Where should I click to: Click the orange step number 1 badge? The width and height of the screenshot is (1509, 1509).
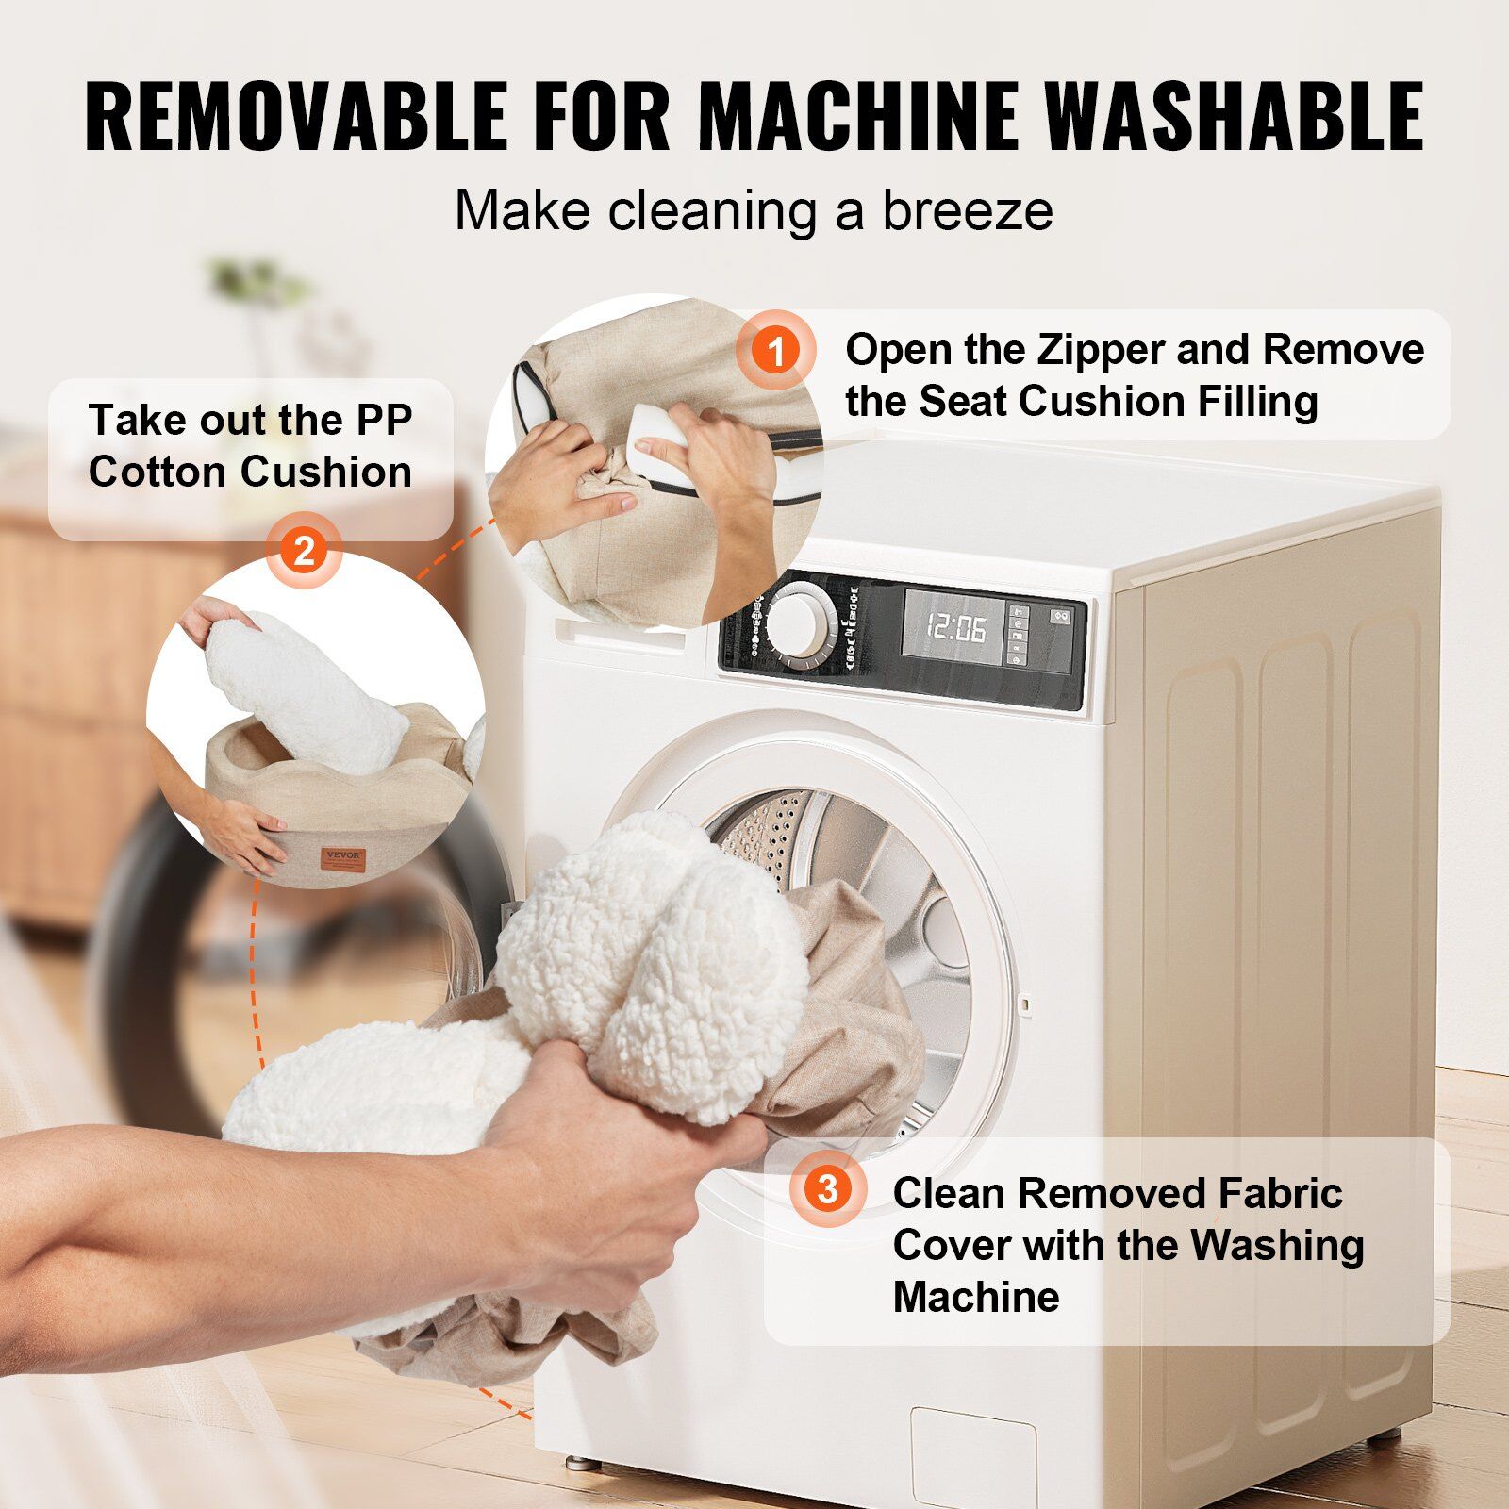pyautogui.click(x=776, y=351)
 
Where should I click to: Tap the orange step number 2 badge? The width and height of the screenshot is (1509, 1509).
pyautogui.click(x=304, y=550)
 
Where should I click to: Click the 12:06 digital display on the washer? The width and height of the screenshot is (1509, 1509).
pyautogui.click(x=955, y=626)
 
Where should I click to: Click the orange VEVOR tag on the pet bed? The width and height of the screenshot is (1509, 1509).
pyautogui.click(x=343, y=858)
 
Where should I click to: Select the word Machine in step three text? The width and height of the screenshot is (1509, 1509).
pyautogui.click(x=976, y=1297)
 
